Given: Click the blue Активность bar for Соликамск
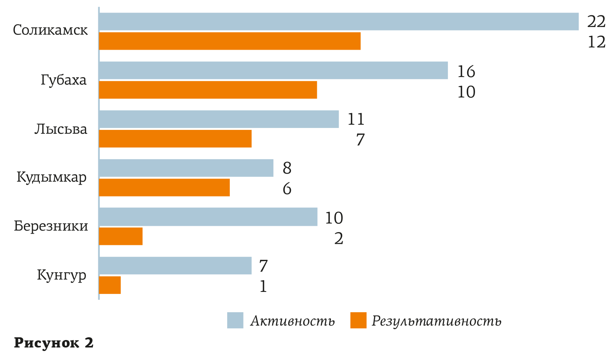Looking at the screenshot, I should pyautogui.click(x=339, y=22).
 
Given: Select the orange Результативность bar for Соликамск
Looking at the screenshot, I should pyautogui.click(x=230, y=41).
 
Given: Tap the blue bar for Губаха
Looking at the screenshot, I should pyautogui.click(x=273, y=70).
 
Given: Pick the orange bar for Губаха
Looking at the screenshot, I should pyautogui.click(x=208, y=90).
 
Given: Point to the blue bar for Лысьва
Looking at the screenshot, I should pyautogui.click(x=219, y=119).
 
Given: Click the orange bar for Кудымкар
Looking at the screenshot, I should pyautogui.click(x=164, y=187).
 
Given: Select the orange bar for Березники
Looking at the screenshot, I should pyautogui.click(x=121, y=236).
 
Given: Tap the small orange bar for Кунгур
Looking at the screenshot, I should pyautogui.click(x=110, y=285).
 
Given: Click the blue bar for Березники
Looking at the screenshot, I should pyautogui.click(x=208, y=217).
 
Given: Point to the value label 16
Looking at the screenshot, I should pyautogui.click(x=466, y=71).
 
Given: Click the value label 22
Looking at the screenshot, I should pyautogui.click(x=596, y=22).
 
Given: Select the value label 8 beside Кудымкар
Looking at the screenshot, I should pyautogui.click(x=287, y=168).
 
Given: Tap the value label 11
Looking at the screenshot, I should pyautogui.click(x=356, y=119).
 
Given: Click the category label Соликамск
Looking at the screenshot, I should pyautogui.click(x=51, y=30).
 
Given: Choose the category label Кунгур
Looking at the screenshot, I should pyautogui.click(x=61, y=275).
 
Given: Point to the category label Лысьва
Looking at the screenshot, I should pyautogui.click(x=61, y=129).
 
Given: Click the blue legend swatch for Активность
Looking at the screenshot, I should pyautogui.click(x=235, y=320).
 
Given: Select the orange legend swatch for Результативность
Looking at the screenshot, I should pyautogui.click(x=358, y=320).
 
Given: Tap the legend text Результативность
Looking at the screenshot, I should pyautogui.click(x=436, y=321).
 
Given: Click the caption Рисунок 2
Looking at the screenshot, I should pyautogui.click(x=54, y=343).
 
